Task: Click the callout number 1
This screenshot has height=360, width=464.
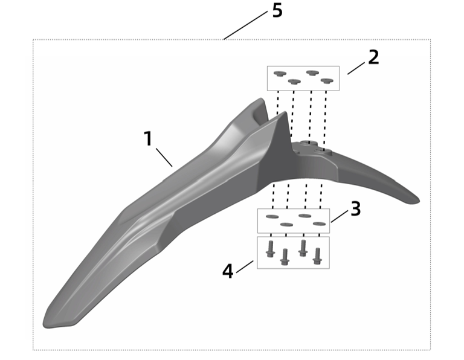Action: coord(148,138)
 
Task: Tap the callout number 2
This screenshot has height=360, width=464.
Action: coord(373,57)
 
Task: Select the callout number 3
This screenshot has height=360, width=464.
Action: coord(355,208)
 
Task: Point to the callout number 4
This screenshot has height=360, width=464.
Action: coord(227,271)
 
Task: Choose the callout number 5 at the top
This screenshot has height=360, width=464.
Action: coord(277,11)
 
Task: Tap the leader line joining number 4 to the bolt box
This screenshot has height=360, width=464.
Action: coord(245,266)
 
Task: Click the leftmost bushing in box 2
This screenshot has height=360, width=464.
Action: coord(279,74)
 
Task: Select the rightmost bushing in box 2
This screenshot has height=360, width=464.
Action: coord(327,80)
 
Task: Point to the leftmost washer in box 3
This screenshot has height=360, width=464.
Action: coord(272,216)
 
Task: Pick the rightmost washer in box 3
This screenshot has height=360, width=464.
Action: coord(320,224)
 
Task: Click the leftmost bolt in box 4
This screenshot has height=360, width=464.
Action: coord(270,247)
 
